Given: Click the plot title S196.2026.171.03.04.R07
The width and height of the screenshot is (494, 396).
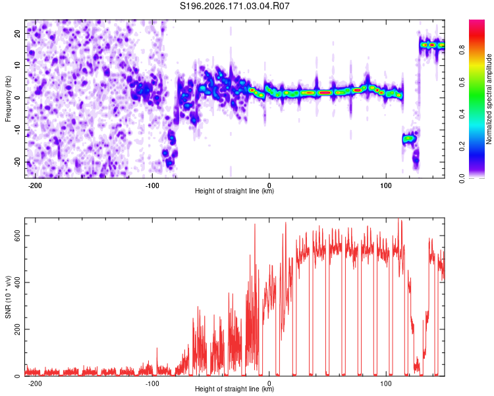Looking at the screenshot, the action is tap(234, 6).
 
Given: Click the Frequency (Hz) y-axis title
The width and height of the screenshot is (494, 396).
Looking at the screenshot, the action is tap(8, 99).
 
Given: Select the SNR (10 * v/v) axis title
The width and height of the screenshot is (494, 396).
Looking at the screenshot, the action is tap(8, 297).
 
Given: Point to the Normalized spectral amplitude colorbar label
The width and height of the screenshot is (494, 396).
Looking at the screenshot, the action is tap(489, 99).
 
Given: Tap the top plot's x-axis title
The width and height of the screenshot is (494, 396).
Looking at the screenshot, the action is tap(234, 191).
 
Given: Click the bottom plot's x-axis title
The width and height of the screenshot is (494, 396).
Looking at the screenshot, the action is tap(234, 389).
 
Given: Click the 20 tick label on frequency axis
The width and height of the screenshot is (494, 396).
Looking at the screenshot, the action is tap(18, 34).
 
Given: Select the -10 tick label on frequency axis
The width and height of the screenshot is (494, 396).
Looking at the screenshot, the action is tap(18, 129).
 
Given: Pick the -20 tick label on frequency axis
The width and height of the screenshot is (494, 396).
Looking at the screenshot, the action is tap(18, 162).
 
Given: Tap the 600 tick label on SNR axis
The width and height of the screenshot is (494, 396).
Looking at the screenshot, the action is tap(18, 236).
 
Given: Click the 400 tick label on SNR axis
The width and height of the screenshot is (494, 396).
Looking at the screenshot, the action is tap(18, 282).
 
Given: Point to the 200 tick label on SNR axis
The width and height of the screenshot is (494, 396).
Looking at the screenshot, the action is tap(18, 329).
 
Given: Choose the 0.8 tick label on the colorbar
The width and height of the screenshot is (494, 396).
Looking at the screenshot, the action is tap(462, 49).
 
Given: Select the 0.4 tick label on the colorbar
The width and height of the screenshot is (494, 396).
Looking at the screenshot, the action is tap(462, 114).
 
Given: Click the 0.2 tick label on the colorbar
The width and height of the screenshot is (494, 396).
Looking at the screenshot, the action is tap(462, 147).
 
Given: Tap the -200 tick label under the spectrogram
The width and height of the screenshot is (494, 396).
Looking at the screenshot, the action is tap(35, 185).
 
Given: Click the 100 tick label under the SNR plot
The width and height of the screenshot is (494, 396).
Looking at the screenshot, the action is tap(386, 383).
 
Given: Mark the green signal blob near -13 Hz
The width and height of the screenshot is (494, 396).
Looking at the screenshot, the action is tap(409, 139).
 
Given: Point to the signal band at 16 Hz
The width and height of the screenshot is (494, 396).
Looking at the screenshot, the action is tap(432, 45).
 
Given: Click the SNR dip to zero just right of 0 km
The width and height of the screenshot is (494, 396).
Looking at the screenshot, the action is tap(277, 374).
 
